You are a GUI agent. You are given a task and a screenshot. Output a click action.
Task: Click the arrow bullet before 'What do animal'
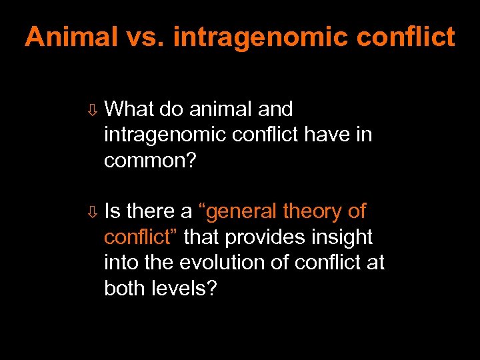click(93, 109)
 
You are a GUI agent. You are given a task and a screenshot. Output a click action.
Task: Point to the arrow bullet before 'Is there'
click(93, 213)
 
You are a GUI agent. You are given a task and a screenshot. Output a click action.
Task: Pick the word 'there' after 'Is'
click(150, 211)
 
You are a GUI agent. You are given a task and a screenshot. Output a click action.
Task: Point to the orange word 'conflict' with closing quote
click(141, 237)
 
